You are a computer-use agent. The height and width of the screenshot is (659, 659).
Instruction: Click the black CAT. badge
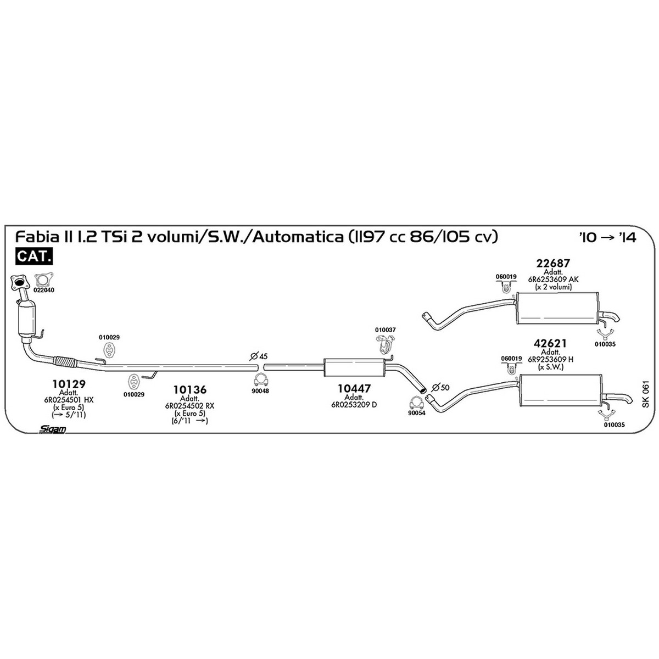pos(34,256)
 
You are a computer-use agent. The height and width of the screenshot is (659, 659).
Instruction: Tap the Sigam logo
pos(52,429)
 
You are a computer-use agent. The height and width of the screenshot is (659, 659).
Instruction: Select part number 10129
pos(69,384)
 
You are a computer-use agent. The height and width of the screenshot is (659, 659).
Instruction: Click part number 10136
pos(190,389)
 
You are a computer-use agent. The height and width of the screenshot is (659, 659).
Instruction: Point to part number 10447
pos(354,388)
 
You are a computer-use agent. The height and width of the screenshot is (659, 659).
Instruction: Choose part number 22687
pos(554,264)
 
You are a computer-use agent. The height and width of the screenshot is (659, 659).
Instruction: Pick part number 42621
pos(550,343)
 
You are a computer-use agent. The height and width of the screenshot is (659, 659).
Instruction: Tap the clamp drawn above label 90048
pos(261,380)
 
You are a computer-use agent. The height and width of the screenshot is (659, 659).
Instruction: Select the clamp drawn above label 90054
pos(416,403)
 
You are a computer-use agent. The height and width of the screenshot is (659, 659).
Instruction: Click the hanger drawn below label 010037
pos(385,346)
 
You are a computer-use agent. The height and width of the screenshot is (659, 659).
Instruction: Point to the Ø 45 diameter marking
pos(258,356)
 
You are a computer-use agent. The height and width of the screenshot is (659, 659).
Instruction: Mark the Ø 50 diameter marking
pos(440,388)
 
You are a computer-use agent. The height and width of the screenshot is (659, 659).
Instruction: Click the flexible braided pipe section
pos(65,362)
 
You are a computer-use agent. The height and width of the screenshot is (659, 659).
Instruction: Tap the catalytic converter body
pos(26,318)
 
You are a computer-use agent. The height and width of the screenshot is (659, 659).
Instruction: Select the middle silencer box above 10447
pos(354,367)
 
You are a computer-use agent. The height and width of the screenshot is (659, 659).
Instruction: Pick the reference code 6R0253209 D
pos(354,405)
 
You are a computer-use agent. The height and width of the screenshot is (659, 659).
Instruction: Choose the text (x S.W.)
pos(550,367)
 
